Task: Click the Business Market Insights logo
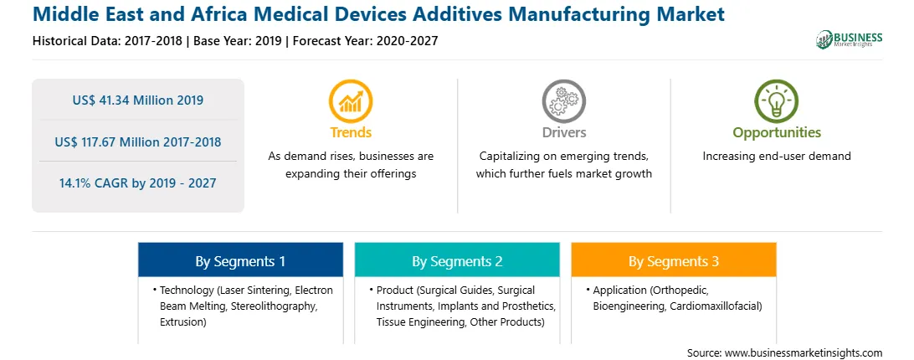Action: coord(849,39)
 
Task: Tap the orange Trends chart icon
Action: coord(351,101)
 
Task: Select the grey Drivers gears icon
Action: coord(563,101)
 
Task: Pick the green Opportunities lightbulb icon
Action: coord(777,101)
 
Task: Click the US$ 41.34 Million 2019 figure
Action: coord(137,100)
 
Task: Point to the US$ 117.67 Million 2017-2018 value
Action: coord(137,141)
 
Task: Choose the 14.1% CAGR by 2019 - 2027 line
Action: coord(137,183)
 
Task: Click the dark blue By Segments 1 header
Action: coord(240,261)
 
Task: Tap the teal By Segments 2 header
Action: coord(457,261)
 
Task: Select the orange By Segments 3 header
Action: coord(673,261)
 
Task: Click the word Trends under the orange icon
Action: coord(351,132)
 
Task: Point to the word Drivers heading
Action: coord(563,132)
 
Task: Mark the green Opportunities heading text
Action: coord(777,133)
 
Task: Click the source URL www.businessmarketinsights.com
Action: coord(803,353)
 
